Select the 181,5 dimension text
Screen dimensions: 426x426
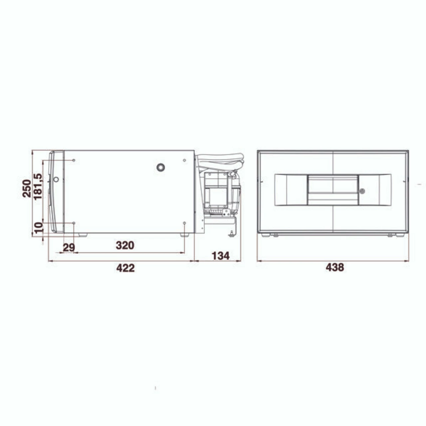coord(38,186)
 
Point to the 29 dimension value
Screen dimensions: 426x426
coord(69,247)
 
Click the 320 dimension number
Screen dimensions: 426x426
coord(125,245)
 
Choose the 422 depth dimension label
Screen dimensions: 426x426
coord(125,268)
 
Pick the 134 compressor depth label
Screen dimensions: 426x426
coord(220,256)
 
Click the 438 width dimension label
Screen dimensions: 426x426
coord(334,267)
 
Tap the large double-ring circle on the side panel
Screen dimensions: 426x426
coord(161,167)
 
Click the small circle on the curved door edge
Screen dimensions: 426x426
coord(56,179)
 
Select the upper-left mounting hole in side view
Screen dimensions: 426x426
coord(74,160)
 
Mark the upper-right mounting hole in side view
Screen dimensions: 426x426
coord(184,160)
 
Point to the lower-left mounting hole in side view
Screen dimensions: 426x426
coord(74,223)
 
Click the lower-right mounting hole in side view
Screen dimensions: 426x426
coord(184,223)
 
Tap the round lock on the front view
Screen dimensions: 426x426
coord(362,191)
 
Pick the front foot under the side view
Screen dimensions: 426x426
coord(82,235)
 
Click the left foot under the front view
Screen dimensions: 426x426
coord(266,235)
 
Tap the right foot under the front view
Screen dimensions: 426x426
coord(400,235)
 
